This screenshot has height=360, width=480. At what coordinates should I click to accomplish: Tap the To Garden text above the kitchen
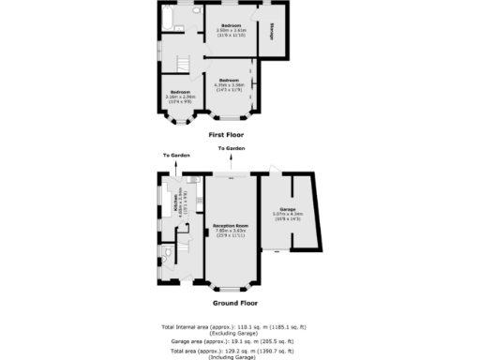176,155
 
